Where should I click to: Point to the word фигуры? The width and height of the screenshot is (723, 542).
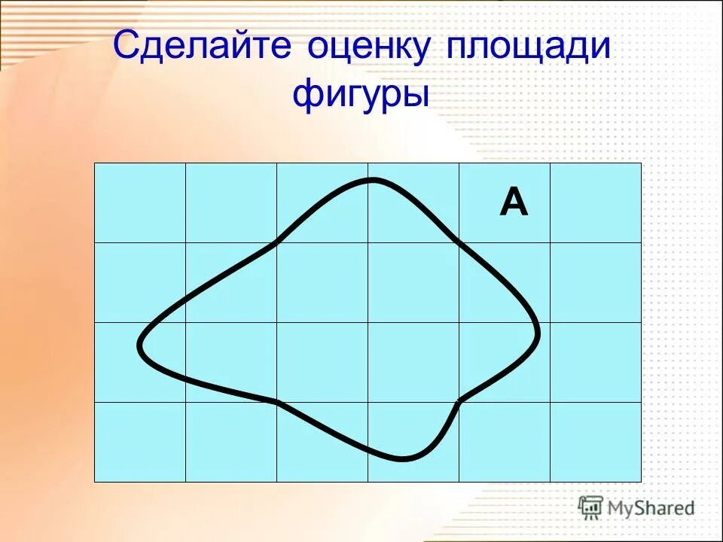(x=361, y=96)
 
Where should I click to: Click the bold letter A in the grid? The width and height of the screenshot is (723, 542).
(x=514, y=203)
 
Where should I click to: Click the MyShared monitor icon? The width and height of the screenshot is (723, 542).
(x=590, y=507)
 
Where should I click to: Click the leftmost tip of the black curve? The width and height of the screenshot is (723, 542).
(x=139, y=346)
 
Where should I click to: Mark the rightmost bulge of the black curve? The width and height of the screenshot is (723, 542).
(x=538, y=331)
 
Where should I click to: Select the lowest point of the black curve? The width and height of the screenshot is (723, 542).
(x=404, y=458)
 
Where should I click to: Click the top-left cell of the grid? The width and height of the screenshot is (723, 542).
(x=140, y=202)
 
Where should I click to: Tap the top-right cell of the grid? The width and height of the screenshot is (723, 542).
(x=596, y=202)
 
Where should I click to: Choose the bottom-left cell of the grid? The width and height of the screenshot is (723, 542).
(x=140, y=442)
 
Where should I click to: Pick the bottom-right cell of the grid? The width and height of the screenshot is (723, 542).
(x=596, y=442)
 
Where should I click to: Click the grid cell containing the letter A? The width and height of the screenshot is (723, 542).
(x=505, y=202)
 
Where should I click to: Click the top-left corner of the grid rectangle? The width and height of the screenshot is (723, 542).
(x=95, y=163)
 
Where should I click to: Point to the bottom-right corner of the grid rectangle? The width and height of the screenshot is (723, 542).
(x=641, y=481)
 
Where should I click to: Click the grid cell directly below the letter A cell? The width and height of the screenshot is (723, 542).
(x=505, y=282)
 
